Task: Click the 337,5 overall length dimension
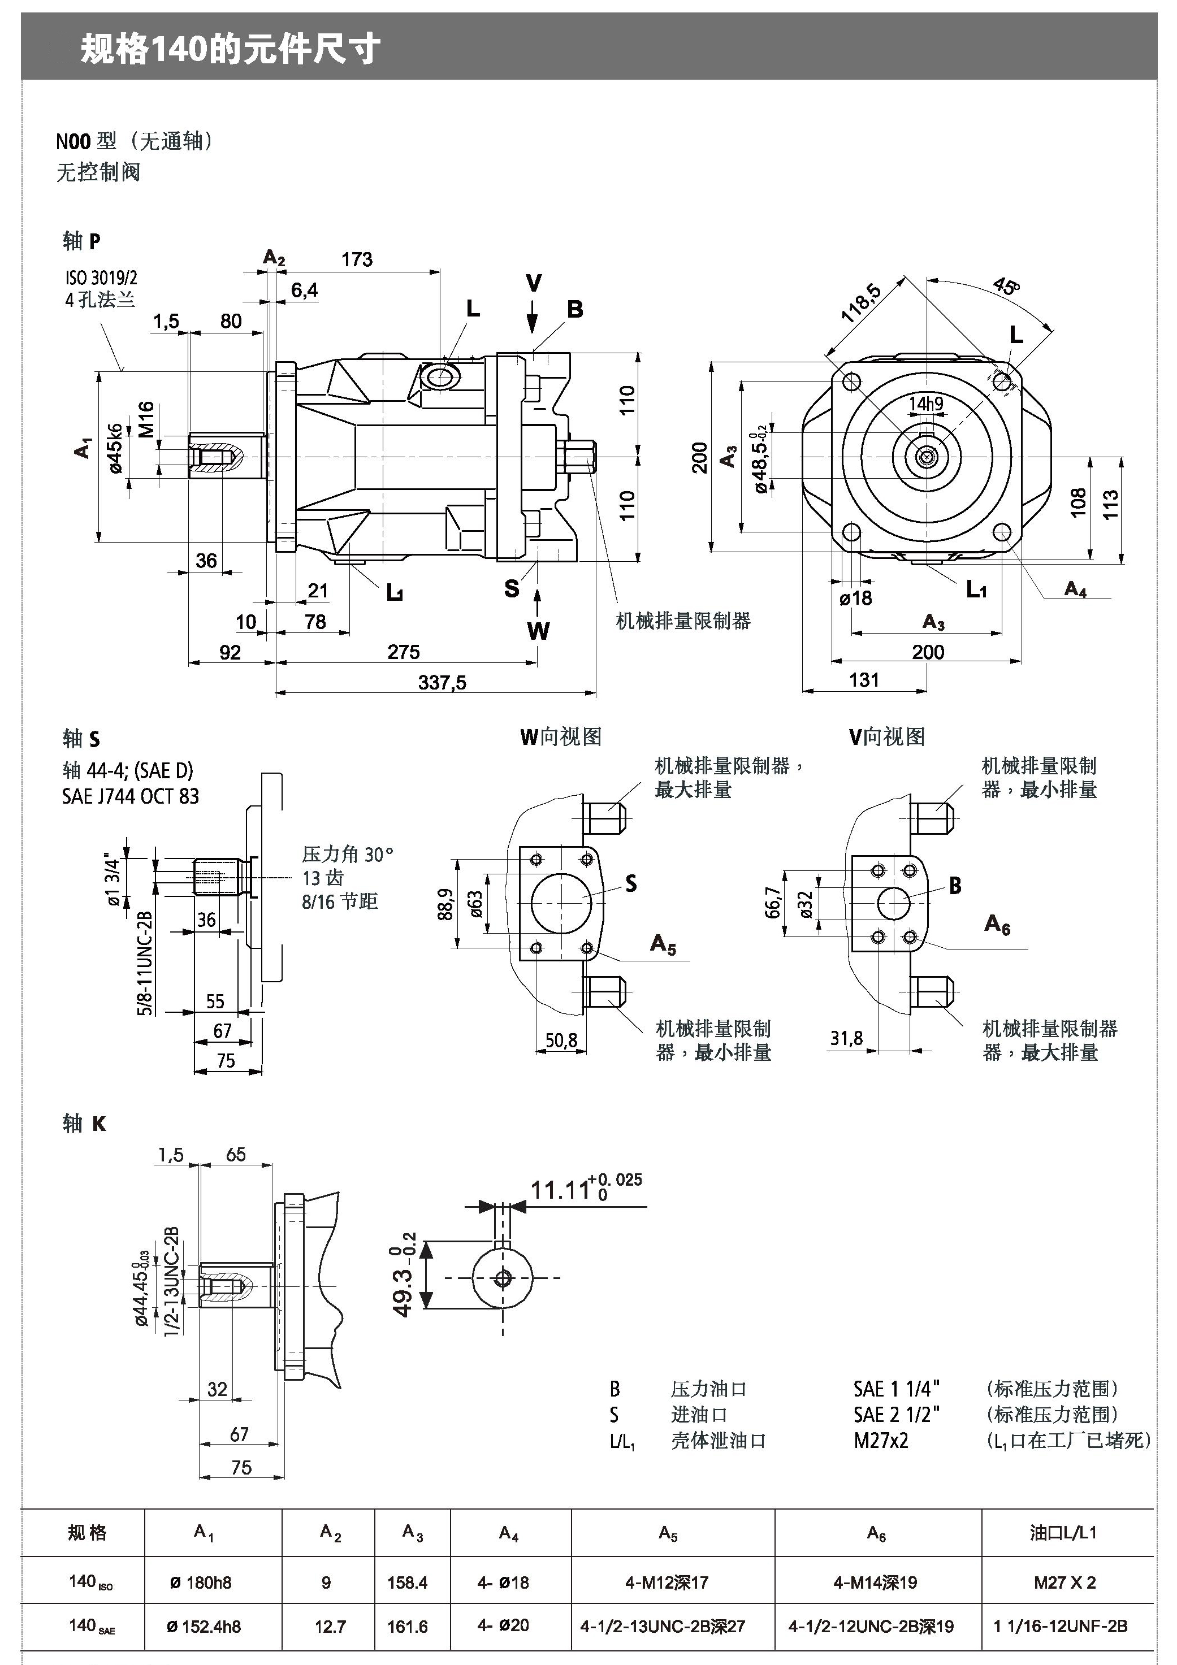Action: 442,682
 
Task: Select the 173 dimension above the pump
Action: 357,259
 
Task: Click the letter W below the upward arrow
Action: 538,631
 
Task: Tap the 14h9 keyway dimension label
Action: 926,404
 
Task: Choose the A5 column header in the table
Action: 667,1532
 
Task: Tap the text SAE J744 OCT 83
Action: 131,796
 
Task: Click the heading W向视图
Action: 561,737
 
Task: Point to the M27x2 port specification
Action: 880,1440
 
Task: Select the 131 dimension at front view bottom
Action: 864,679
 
